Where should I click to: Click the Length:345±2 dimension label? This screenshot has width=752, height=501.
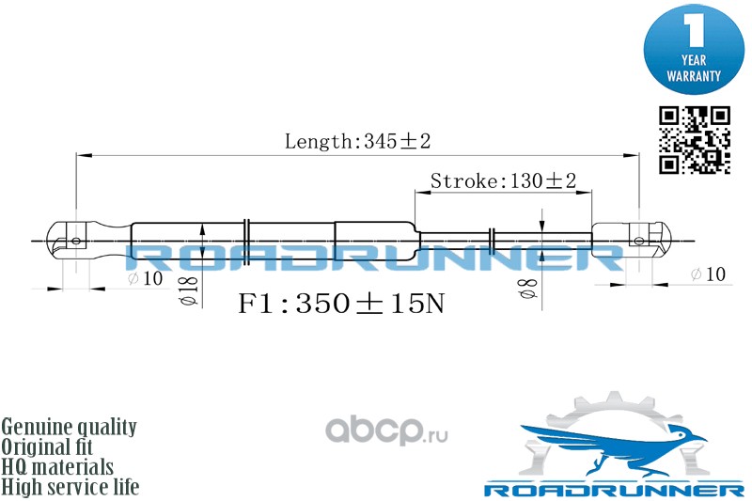(x=358, y=141)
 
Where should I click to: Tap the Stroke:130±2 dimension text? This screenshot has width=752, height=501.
(x=503, y=180)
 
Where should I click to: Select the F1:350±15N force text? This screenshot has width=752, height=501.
(x=341, y=303)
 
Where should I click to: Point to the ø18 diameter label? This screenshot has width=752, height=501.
(x=190, y=291)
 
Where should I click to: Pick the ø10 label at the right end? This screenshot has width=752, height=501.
(x=708, y=274)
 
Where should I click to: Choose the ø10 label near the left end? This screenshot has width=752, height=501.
(x=146, y=278)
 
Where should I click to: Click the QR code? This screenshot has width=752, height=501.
(x=695, y=140)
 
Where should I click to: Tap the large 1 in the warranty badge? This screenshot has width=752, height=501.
(x=694, y=30)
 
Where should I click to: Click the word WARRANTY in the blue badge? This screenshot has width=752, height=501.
(x=694, y=76)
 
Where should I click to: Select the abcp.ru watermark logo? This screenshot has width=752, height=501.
(x=386, y=431)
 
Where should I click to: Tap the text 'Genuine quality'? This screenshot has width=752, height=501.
(x=69, y=427)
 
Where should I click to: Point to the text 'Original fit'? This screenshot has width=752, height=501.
(x=47, y=446)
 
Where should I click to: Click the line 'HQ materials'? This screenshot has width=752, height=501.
(x=57, y=467)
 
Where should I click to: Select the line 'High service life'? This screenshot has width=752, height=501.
(x=70, y=487)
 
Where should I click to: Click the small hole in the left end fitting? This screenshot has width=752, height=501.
(x=76, y=241)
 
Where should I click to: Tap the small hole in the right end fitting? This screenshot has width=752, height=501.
(x=639, y=241)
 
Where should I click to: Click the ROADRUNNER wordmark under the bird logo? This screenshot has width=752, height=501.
(x=614, y=490)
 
